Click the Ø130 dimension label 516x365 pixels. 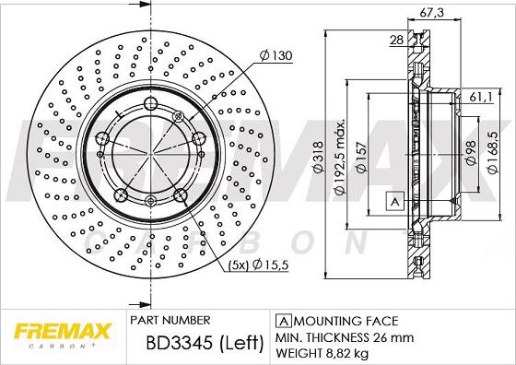coord(277,56)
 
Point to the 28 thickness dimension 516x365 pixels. coord(396,40)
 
